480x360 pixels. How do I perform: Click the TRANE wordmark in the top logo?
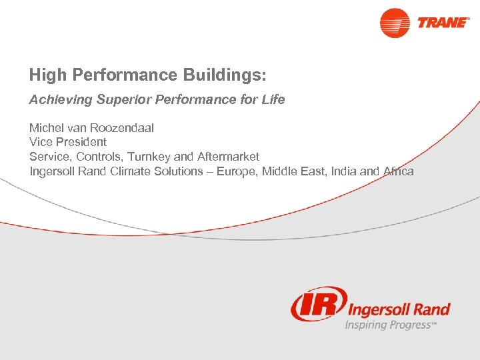(443, 22)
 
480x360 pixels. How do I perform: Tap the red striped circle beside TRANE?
(395, 23)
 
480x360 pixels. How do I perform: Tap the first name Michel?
(45, 127)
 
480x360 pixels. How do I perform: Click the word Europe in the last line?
(235, 171)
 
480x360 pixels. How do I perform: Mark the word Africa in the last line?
(398, 171)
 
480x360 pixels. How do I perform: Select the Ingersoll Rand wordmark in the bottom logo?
(399, 309)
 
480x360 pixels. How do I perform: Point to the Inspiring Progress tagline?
(391, 325)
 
